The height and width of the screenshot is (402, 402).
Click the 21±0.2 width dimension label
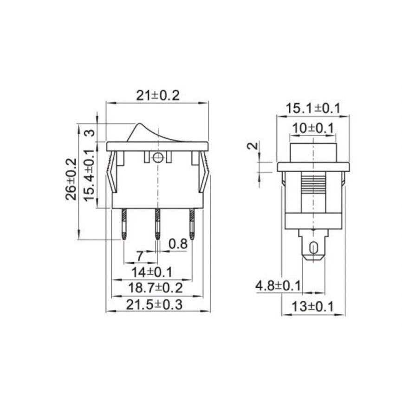tap(158, 95)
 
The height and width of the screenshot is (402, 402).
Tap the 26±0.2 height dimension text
tap(71, 179)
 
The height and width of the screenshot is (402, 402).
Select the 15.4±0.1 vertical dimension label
tap(90, 175)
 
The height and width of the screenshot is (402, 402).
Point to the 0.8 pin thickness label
tap(178, 244)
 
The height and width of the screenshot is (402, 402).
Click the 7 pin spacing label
tap(140, 256)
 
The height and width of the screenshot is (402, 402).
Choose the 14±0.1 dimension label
tap(152, 272)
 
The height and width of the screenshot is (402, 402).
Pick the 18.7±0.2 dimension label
tap(156, 288)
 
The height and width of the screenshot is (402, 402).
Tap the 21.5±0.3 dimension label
tap(154, 305)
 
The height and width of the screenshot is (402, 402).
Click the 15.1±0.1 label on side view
tap(313, 108)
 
